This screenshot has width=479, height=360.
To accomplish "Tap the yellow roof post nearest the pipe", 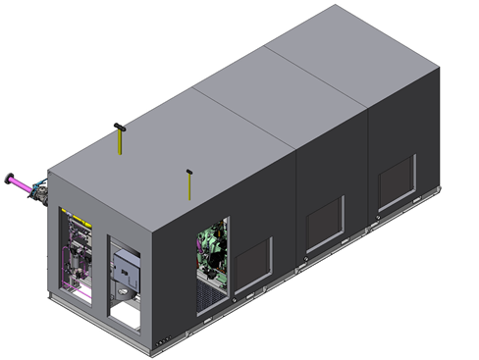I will point(118,140).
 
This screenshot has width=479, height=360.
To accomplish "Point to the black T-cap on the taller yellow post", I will point(118,126).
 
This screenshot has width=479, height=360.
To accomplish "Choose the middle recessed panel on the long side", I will point(324,225).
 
